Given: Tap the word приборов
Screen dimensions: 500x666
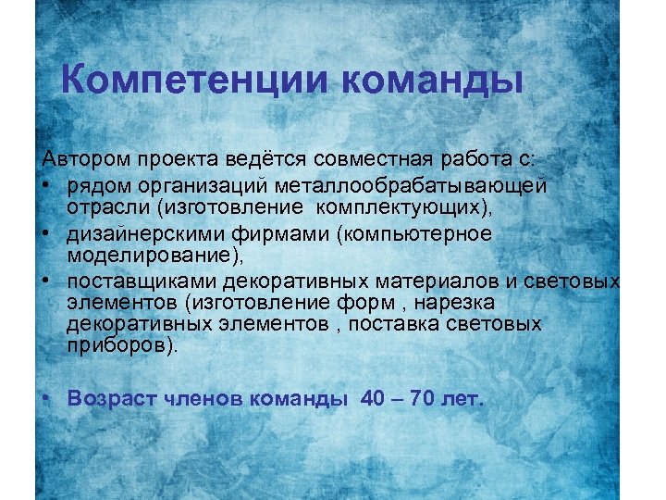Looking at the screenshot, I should click(x=120, y=346).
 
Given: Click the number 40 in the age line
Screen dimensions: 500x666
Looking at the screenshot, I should click(x=372, y=398).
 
